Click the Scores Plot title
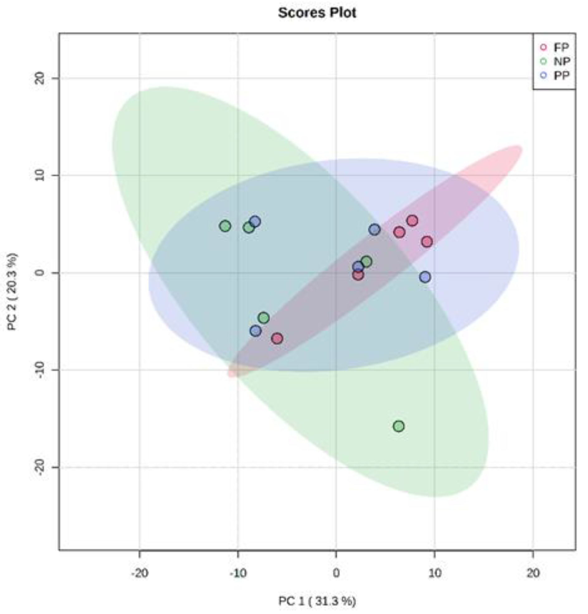coord(317,13)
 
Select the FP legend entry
coord(561,47)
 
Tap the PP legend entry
coord(561,75)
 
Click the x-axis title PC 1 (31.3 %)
coord(317,601)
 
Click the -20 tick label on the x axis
coord(139,573)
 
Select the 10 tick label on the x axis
coord(434,573)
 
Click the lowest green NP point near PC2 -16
coord(399,426)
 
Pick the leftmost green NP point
coord(225,226)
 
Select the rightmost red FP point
coord(427,242)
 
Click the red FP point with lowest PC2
coord(277,338)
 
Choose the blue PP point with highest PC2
coord(255,221)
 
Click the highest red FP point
coord(412,220)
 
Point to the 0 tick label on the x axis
coord(336,573)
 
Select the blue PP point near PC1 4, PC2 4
coord(375,230)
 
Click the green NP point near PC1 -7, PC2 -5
coord(264,318)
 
